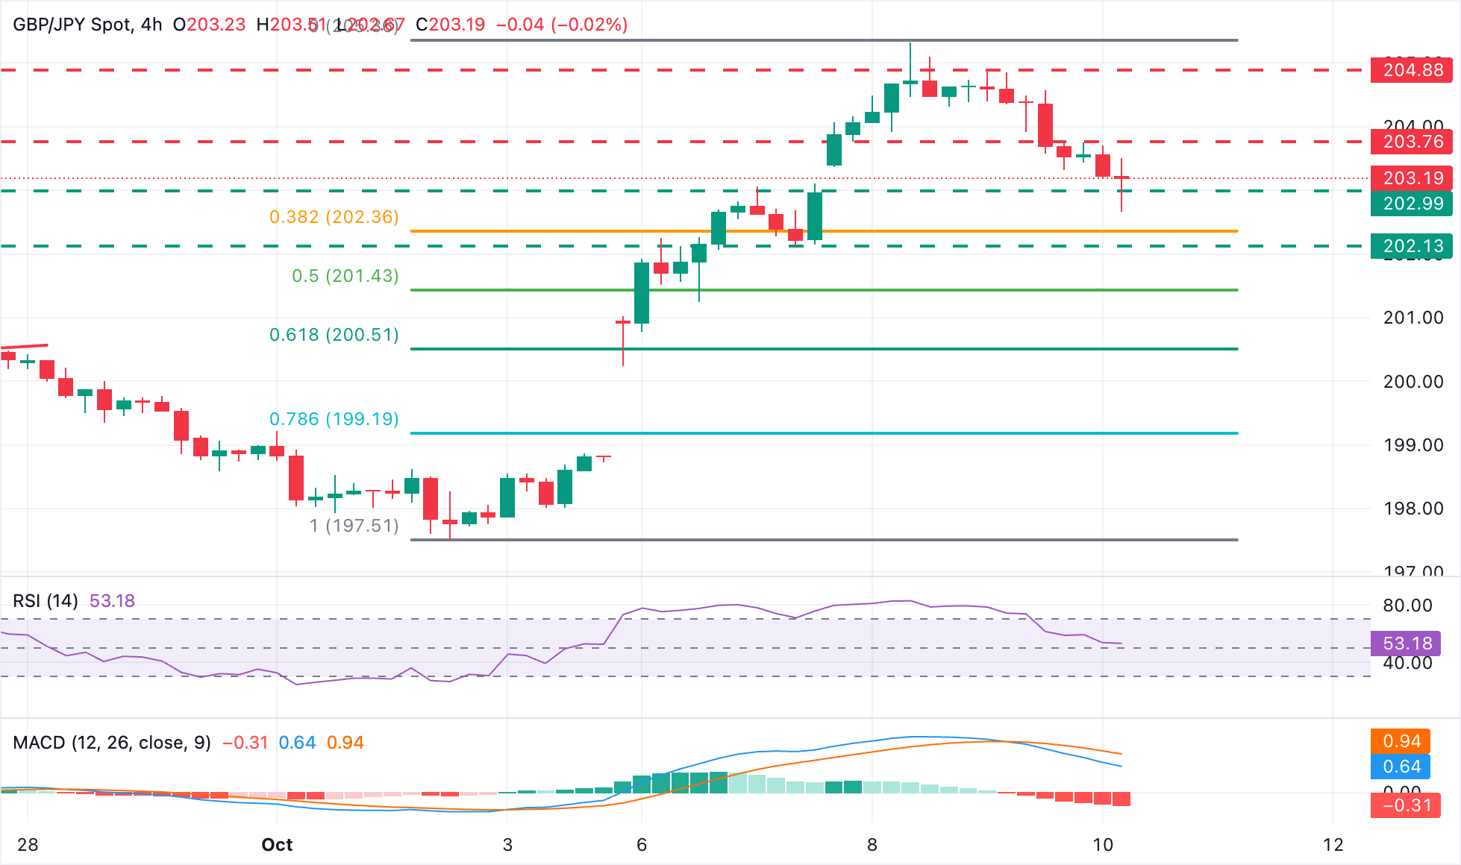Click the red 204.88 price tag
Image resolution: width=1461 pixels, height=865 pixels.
(x=1412, y=70)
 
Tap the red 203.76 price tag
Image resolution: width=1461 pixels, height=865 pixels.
(x=1412, y=142)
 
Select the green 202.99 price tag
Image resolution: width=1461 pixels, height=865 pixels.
(x=1412, y=204)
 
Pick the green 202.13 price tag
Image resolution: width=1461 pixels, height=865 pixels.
(x=1412, y=246)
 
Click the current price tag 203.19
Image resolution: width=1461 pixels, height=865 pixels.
(x=1412, y=178)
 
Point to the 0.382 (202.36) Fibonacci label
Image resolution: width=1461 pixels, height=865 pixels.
(x=334, y=217)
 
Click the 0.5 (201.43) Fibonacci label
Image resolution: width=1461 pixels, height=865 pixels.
(x=345, y=276)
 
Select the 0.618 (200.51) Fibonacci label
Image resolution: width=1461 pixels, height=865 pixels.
(x=334, y=335)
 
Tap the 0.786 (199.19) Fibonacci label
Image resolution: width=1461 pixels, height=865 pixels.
(x=334, y=419)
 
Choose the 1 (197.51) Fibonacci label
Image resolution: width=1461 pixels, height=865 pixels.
(x=354, y=526)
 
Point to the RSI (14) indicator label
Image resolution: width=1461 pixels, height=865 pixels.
(x=46, y=601)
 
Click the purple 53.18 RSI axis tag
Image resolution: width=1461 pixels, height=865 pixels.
(x=1407, y=644)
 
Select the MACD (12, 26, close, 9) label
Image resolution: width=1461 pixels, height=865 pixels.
(x=112, y=743)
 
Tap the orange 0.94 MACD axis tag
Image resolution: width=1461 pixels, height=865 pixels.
(x=1401, y=741)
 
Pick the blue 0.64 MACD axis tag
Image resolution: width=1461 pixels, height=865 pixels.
(x=1401, y=767)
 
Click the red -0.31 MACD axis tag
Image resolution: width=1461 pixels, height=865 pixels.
(x=1406, y=805)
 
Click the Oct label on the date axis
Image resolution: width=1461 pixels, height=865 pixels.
(x=277, y=845)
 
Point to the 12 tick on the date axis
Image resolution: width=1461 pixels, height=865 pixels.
(x=1333, y=845)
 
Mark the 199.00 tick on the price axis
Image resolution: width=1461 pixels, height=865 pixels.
(x=1412, y=445)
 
